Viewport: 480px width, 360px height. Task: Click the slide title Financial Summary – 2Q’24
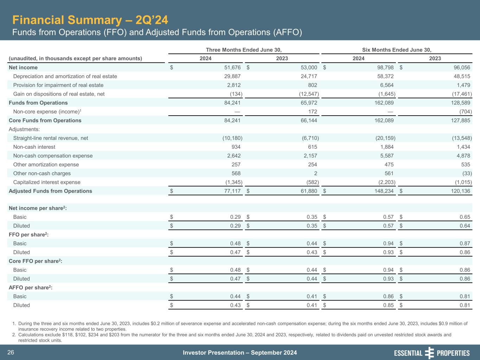point(88,20)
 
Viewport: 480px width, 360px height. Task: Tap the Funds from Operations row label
point(38,103)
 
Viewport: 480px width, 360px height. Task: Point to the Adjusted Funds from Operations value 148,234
point(384,191)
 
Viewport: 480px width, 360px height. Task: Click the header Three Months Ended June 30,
point(244,50)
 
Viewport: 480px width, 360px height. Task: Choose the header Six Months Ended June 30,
point(397,50)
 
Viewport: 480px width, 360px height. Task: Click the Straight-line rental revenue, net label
point(51,138)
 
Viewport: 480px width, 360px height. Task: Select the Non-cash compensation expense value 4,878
point(462,156)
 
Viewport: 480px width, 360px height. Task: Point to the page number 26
point(11,353)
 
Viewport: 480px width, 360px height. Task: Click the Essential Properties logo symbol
point(429,353)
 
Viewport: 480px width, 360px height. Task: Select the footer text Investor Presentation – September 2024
point(240,353)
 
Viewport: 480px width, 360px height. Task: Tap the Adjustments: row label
point(24,129)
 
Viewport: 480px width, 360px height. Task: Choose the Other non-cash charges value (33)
point(465,173)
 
